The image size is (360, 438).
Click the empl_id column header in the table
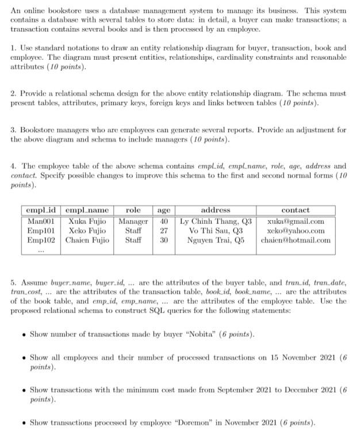pyautogui.click(x=41, y=211)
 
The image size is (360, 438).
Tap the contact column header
pyautogui.click(x=296, y=211)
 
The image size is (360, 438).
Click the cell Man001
pyautogui.click(x=41, y=221)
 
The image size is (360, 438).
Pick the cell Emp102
pyautogui.click(x=41, y=240)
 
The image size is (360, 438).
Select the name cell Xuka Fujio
pyautogui.click(x=87, y=221)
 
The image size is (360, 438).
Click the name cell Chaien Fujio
pyautogui.click(x=87, y=240)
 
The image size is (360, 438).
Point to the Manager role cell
pyautogui.click(x=133, y=221)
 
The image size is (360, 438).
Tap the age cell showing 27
pyautogui.click(x=164, y=230)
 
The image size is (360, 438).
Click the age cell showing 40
pyautogui.click(x=164, y=221)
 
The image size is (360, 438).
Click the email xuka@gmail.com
pyautogui.click(x=296, y=221)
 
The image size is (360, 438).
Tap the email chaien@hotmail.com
pyautogui.click(x=296, y=240)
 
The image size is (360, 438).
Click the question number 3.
pyautogui.click(x=13, y=131)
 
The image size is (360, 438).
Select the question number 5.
pyautogui.click(x=13, y=283)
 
